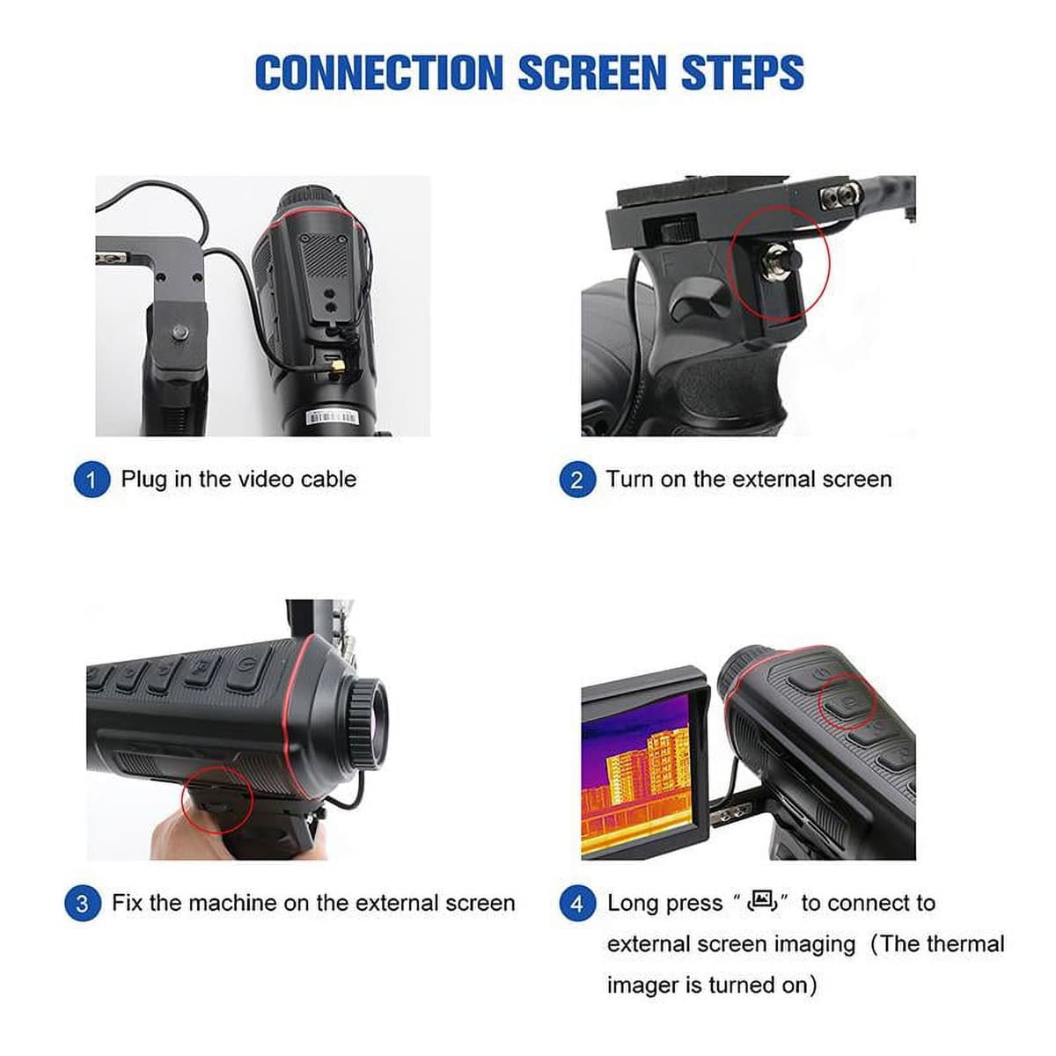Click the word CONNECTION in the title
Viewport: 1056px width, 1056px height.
pos(378,72)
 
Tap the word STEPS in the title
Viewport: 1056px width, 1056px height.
pos(743,72)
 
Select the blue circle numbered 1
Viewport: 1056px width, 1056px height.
pos(92,480)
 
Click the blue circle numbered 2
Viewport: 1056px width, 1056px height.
pos(576,480)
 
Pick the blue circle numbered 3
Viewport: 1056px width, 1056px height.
pos(82,903)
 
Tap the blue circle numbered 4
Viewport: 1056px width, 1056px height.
pos(576,903)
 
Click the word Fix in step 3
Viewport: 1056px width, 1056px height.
pos(126,903)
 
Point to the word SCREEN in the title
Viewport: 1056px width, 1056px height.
pos(592,72)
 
